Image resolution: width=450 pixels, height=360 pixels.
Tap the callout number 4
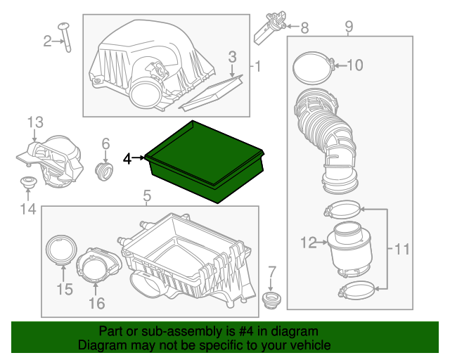127,159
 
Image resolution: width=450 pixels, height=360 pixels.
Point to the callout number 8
304,28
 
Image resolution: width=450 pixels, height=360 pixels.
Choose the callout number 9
349,27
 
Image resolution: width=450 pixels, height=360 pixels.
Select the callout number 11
401,248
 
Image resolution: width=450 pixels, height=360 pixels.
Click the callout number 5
146,195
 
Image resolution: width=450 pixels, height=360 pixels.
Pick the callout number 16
96,303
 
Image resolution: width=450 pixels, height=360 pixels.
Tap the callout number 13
35,123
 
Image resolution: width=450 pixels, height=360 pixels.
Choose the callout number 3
233,56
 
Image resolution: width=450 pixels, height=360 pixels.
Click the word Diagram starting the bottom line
102,345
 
